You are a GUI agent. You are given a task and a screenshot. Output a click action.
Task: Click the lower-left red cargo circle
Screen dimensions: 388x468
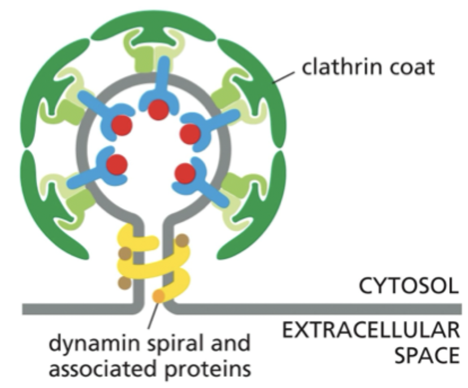point(116,165)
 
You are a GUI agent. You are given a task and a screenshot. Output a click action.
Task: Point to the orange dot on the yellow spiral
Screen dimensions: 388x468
point(159,294)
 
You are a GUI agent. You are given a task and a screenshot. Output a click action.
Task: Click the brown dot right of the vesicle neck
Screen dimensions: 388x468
point(182,241)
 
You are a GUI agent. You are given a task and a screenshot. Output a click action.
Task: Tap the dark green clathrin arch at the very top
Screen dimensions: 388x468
point(153,25)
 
